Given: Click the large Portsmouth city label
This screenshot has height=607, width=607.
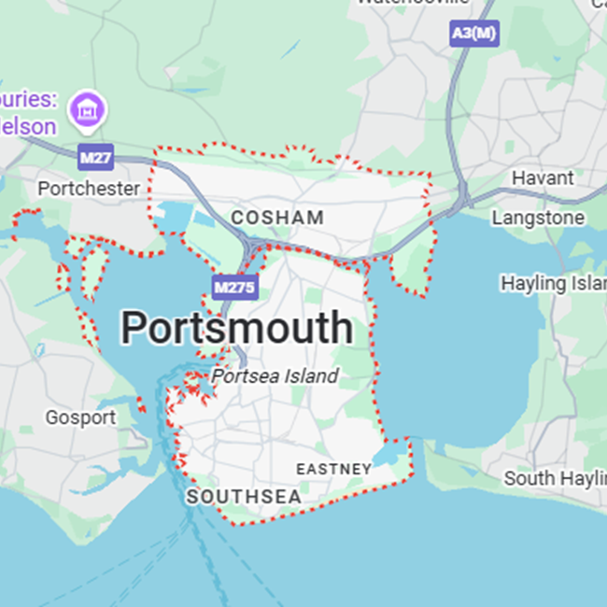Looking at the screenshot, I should [237, 329].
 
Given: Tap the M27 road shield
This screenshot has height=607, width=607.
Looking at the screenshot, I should [95, 158].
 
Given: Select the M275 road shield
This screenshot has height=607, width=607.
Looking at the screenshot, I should [233, 287].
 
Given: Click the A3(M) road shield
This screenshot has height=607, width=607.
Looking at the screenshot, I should [474, 34].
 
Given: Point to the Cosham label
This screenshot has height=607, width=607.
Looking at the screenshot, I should [277, 218].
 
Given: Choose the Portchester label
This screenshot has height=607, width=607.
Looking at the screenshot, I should [89, 189].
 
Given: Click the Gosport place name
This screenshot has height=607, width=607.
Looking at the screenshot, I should [80, 417].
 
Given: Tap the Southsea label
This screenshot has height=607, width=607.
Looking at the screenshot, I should [244, 497].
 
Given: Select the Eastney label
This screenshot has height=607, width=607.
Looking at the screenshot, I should [333, 468].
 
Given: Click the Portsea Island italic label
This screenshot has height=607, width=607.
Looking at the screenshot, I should [275, 376].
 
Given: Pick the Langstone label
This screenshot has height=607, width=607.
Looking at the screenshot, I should [551, 218].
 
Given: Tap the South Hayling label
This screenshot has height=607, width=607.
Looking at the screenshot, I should [555, 478].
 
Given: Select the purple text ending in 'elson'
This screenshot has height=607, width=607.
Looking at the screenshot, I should [28, 126].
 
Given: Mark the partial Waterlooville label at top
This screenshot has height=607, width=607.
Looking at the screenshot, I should [411, 3].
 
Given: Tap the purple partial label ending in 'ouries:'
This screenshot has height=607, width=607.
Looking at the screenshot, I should [28, 99].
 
